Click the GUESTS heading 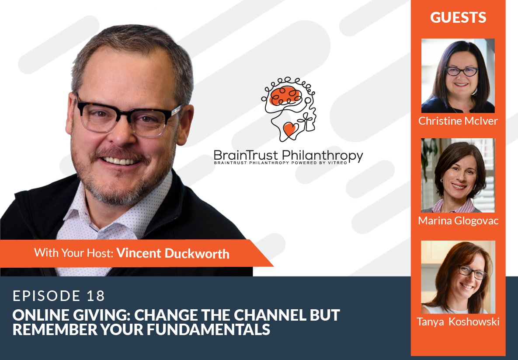coord(458,17)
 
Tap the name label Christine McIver coord(458,121)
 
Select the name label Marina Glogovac coord(458,220)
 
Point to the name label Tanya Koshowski coord(458,322)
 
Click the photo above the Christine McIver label coord(458,76)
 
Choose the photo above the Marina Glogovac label coord(458,175)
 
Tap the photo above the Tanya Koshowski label coord(458,277)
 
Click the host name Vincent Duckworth coord(173,253)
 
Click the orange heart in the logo coord(290,129)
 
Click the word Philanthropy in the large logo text coord(323,155)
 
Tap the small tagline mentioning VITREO coord(288,163)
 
